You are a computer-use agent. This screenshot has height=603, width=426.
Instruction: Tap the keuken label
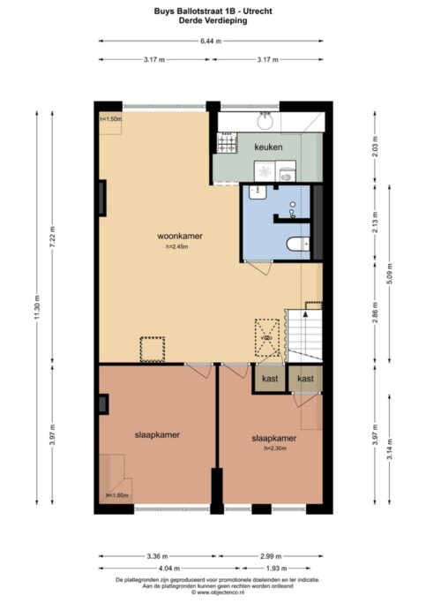click(268, 147)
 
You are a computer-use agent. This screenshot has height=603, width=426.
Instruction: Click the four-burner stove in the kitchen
click(227, 141)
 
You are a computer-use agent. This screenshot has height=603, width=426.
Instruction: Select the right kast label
click(305, 379)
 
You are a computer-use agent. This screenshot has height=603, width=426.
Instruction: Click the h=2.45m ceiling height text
click(176, 247)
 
